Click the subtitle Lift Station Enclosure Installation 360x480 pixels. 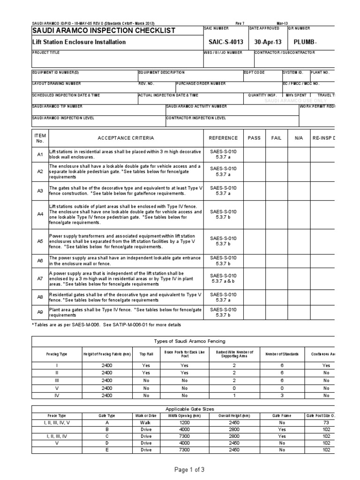click(x=79, y=42)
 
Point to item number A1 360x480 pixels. click(x=40, y=155)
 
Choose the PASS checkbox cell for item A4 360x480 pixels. click(x=254, y=214)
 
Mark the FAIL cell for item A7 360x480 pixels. click(x=277, y=278)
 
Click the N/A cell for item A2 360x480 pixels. click(x=299, y=171)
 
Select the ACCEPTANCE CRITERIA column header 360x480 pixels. click(x=125, y=138)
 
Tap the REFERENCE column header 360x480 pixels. click(x=223, y=138)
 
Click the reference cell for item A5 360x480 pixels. click(x=223, y=241)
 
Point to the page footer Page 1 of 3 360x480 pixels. click(x=180, y=470)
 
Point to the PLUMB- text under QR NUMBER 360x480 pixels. click(x=305, y=42)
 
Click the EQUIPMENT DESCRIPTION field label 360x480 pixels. click(x=161, y=73)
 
